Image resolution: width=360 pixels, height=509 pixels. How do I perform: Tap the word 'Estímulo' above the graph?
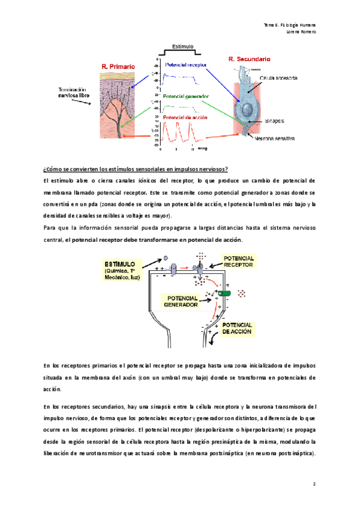[182, 46]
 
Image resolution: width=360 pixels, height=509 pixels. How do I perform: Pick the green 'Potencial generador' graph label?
[187, 95]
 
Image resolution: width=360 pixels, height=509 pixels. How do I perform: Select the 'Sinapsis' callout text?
[275, 120]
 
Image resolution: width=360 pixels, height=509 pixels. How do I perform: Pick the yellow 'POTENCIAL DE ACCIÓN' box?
[237, 328]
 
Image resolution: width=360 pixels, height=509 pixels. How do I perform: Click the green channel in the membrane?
[224, 293]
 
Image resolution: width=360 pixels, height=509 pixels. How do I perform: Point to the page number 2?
[314, 483]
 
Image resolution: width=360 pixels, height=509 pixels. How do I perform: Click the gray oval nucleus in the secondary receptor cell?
[247, 109]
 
